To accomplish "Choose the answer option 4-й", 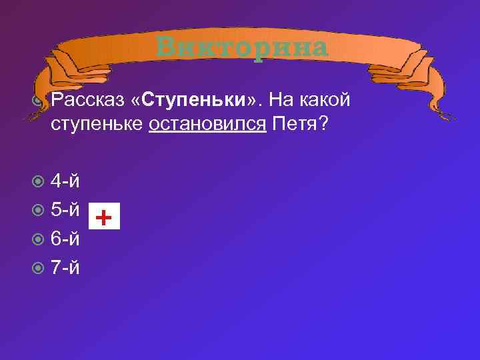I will coord(66,181).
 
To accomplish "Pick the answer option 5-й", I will coord(66,210).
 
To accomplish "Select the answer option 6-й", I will coord(66,239).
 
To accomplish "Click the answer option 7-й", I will coord(66,267).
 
